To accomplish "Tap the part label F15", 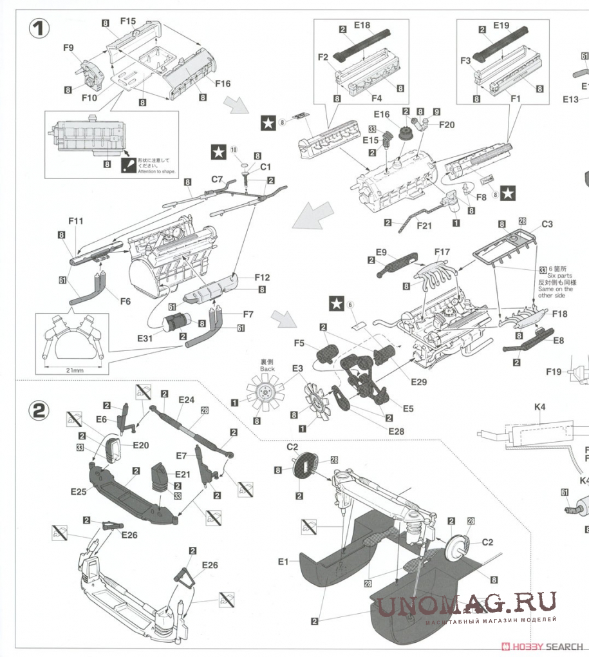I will click(x=128, y=21).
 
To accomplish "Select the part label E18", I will click(x=362, y=26).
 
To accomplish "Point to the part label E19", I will click(x=501, y=26).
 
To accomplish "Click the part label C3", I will click(x=547, y=224).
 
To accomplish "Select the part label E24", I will click(x=186, y=399).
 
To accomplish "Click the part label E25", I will click(x=79, y=491).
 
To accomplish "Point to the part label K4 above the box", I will click(x=539, y=407).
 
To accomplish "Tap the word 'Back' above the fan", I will click(x=268, y=368).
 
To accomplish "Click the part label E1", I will click(x=284, y=562).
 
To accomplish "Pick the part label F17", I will click(x=442, y=251).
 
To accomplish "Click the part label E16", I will click(x=382, y=114).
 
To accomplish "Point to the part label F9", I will click(x=69, y=47).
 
